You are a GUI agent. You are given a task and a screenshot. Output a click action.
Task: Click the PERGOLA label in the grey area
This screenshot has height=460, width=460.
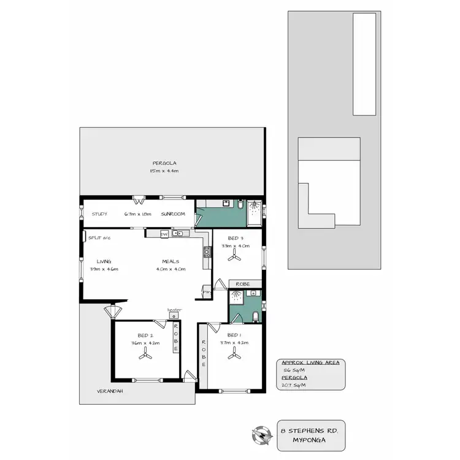(161, 163)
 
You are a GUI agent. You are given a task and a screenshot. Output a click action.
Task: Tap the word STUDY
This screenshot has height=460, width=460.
(99, 214)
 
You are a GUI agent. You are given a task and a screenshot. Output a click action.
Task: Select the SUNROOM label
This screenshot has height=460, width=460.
(173, 214)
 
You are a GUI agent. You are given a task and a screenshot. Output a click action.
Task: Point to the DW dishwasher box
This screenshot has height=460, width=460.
(164, 234)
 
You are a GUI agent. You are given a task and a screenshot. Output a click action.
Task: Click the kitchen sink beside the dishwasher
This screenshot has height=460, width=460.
(179, 234)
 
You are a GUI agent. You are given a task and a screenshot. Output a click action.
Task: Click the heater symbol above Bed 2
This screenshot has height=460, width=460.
(173, 315)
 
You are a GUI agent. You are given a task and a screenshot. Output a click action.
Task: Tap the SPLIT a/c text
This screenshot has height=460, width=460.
(99, 237)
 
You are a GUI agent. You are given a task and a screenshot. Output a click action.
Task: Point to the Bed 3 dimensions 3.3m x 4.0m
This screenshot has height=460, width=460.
(236, 245)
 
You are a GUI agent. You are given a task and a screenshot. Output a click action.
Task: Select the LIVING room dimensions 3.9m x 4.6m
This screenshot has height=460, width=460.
(104, 269)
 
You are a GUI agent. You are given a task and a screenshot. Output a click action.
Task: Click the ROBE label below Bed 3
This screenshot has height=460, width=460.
(244, 284)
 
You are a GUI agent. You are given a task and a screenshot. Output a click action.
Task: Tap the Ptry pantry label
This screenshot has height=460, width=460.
(207, 293)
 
